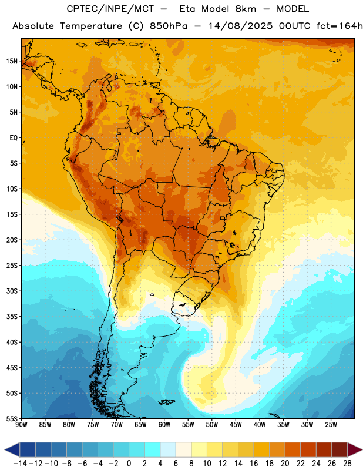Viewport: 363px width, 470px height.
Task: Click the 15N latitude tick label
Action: pos(12,61)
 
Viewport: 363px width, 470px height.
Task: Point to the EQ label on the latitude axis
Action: pos(14,138)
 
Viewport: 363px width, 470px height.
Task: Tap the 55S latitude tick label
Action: pos(12,418)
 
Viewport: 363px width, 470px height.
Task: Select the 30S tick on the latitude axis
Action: pos(12,291)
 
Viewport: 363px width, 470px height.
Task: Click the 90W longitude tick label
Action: pos(21,425)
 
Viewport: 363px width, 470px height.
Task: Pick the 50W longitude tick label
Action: pos(212,425)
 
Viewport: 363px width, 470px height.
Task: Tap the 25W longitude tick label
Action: pos(331,425)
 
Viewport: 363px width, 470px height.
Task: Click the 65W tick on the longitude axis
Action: pos(140,425)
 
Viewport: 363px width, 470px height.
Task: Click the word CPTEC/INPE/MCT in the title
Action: pos(110,9)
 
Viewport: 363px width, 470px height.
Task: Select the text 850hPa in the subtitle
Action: pos(169,26)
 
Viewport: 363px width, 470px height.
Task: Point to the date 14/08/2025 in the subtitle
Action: pos(240,26)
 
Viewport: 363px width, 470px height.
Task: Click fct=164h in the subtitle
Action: pos(340,26)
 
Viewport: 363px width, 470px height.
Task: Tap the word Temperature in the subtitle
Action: pos(91,26)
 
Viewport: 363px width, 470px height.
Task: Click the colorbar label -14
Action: pos(20,464)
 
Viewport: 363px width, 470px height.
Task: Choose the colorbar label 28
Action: pos(347,464)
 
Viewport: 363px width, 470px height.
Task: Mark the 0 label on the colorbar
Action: pos(129,464)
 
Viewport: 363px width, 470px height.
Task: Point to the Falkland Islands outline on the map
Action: pos(167,402)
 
